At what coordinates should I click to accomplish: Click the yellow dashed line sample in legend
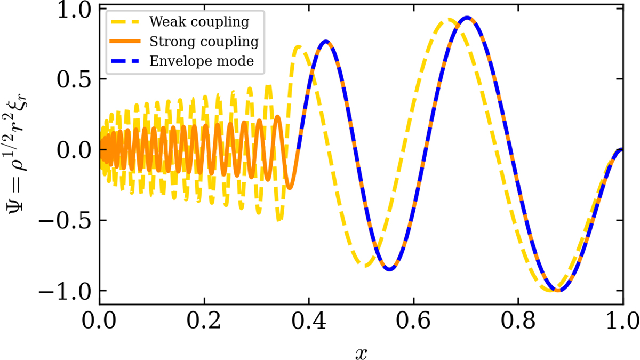point(128,22)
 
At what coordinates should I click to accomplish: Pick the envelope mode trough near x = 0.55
point(389,269)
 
